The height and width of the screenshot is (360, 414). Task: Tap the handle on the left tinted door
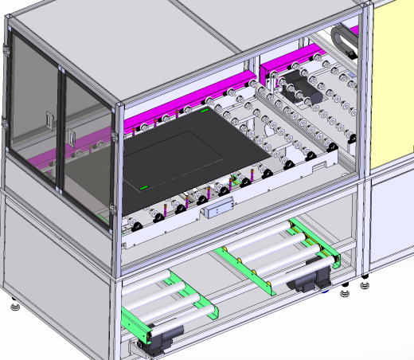(50, 122)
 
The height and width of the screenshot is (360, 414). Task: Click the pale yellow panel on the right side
(393, 88)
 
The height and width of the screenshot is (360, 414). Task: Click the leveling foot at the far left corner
(15, 305)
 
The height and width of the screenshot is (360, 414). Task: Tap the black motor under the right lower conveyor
(306, 280)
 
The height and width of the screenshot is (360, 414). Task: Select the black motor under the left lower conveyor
(159, 338)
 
